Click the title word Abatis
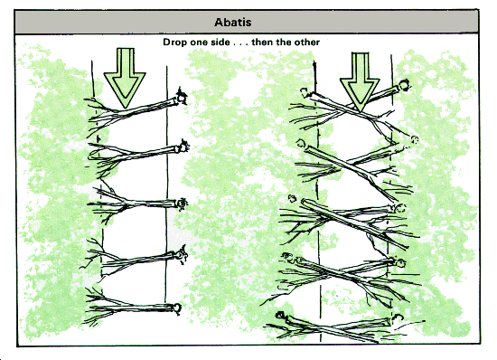click(232, 23)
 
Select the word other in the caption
click(306, 42)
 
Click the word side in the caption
click(220, 42)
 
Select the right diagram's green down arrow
click(360, 81)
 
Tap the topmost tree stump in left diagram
click(182, 96)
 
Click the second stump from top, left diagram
click(183, 147)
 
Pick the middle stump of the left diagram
click(182, 203)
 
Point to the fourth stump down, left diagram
click(181, 255)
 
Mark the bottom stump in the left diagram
click(176, 308)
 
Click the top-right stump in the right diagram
click(404, 85)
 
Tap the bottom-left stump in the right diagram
click(280, 316)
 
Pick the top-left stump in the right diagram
click(305, 91)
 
